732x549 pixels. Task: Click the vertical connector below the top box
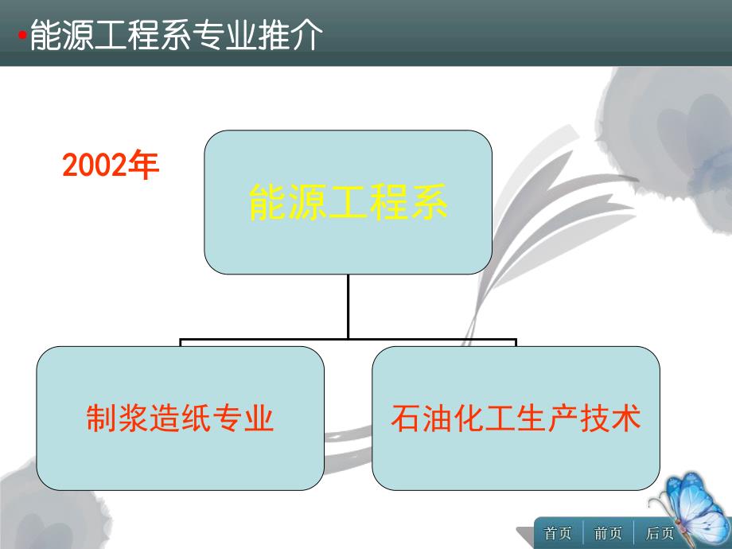coord(348,306)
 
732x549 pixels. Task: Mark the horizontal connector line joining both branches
coord(348,341)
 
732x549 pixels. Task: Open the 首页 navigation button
coord(558,533)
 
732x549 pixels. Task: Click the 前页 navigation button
coord(609,533)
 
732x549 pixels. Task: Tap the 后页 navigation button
coord(659,533)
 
